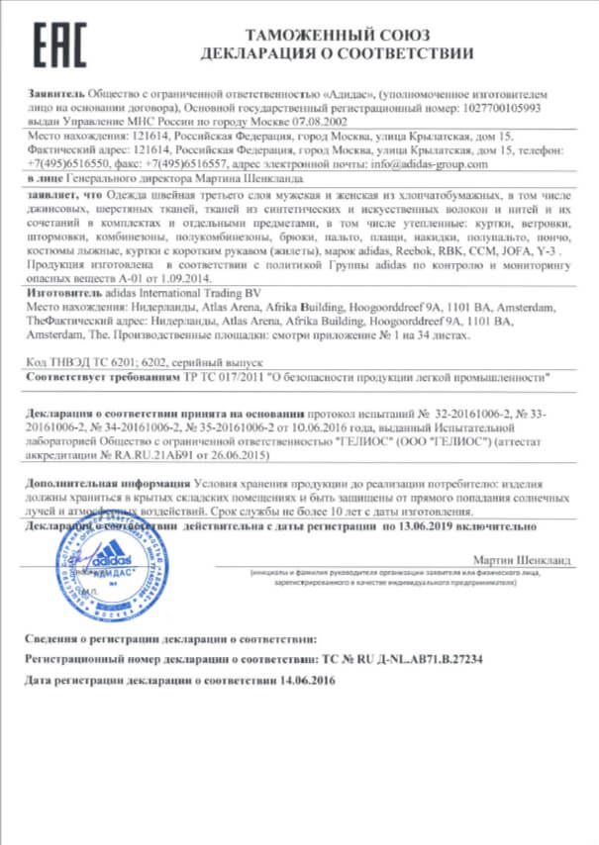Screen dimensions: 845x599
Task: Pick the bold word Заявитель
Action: (x=55, y=92)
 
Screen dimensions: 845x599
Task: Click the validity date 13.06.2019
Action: (x=411, y=528)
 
